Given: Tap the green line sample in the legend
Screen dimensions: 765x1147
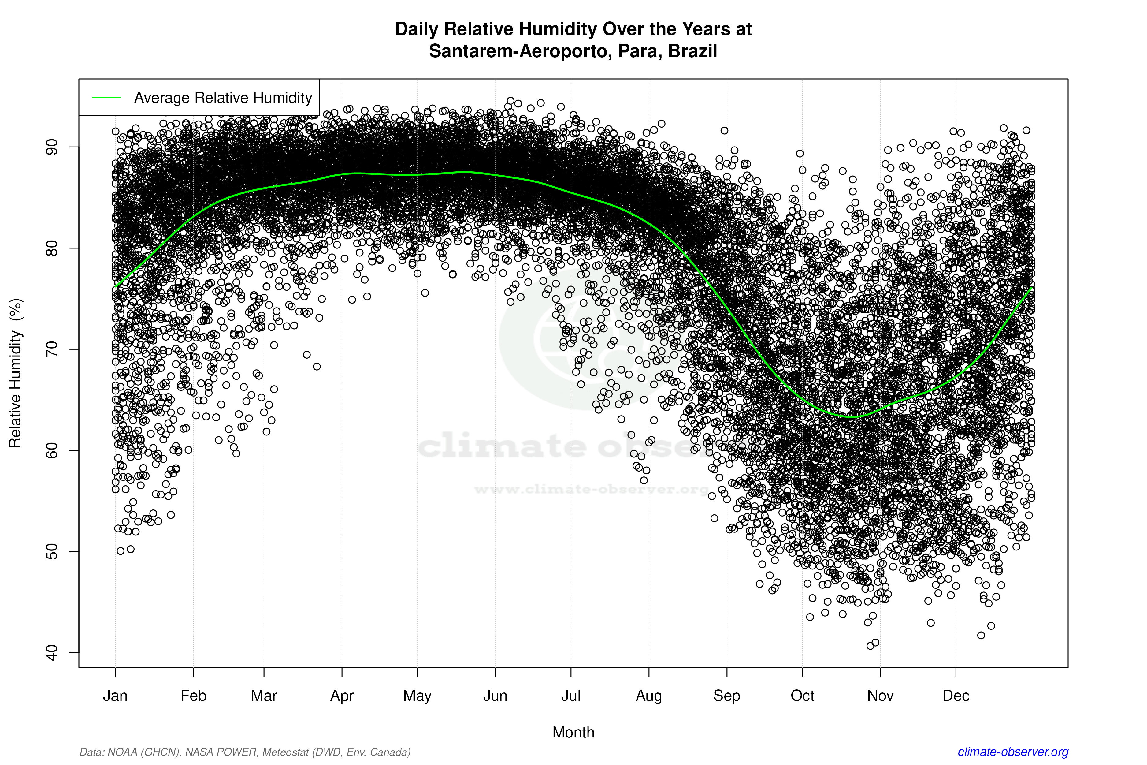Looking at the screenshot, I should pos(106,98).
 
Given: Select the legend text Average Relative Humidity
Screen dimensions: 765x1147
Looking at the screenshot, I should pos(223,98).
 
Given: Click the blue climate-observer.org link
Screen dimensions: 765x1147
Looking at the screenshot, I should pos(1013,752).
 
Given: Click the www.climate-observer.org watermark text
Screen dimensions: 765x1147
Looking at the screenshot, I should pos(591,489).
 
